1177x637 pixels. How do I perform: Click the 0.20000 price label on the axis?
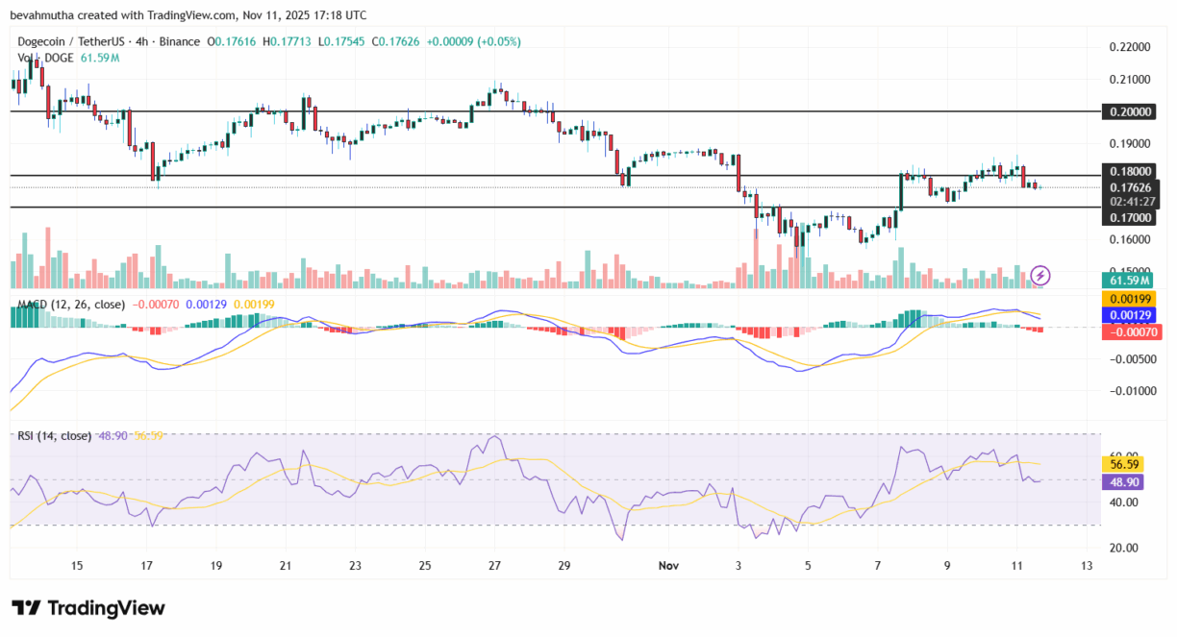coord(1131,111)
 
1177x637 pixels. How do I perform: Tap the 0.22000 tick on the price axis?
coord(1131,46)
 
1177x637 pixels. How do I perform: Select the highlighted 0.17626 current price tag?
coord(1131,187)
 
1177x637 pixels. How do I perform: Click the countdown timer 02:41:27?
coord(1131,202)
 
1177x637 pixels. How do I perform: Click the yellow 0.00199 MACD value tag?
coord(1129,299)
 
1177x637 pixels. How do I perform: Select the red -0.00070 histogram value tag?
coord(1129,331)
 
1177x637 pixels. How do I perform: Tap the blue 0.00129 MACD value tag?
coord(1129,315)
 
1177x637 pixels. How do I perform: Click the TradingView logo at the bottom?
coord(88,608)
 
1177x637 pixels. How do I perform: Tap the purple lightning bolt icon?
coord(1040,276)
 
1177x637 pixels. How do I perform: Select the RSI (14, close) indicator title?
coord(54,435)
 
